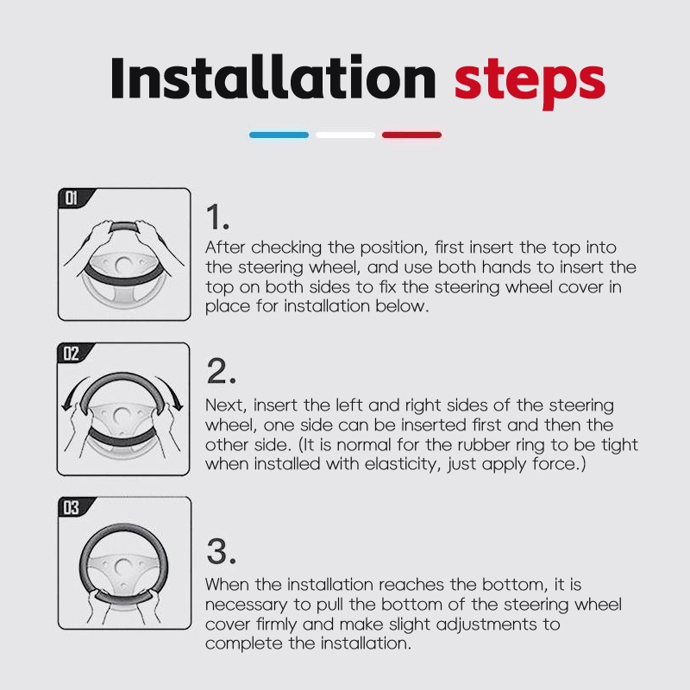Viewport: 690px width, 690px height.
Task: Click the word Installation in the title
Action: (x=273, y=78)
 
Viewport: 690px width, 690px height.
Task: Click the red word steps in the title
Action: (x=530, y=84)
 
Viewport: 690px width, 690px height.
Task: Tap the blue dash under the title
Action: (x=279, y=135)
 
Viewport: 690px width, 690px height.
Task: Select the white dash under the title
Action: (x=346, y=135)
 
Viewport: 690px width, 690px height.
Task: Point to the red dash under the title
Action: (x=412, y=135)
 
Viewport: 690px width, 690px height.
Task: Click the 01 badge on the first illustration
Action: (x=72, y=198)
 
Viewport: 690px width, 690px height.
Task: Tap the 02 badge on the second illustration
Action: (x=72, y=354)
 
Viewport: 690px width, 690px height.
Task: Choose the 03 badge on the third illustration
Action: (x=72, y=507)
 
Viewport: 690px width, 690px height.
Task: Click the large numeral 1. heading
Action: (x=218, y=217)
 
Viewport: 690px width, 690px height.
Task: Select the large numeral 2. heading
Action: (x=222, y=371)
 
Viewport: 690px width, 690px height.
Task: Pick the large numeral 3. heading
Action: (x=222, y=551)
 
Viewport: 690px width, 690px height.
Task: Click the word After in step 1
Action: (x=225, y=248)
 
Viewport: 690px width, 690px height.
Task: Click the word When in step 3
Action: (x=227, y=585)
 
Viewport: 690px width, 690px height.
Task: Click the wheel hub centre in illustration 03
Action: (x=123, y=568)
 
